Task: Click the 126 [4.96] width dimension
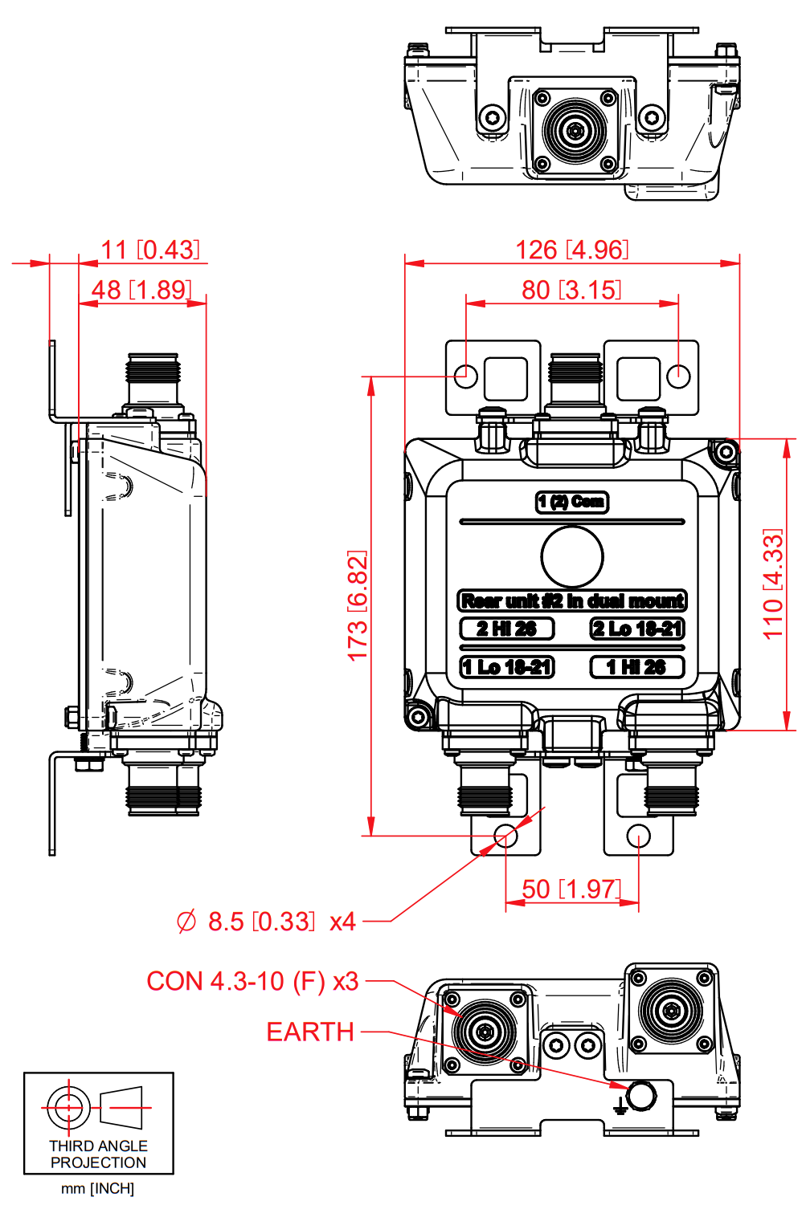pos(571,250)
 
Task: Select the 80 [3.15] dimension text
pos(571,290)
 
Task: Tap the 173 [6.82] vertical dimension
pos(358,605)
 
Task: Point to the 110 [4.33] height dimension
pos(772,584)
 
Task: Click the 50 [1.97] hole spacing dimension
pos(571,889)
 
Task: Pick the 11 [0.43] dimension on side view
pos(150,250)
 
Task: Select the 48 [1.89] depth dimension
pos(141,290)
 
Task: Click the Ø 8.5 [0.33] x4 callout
pos(266,922)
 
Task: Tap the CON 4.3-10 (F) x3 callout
pos(252,981)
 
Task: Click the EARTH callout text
pos(310,1032)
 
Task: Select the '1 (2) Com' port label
pos(572,502)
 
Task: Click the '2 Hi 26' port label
pos(506,629)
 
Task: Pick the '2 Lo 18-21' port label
pos(637,629)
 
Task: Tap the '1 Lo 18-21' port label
pos(506,667)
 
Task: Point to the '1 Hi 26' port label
pos(636,667)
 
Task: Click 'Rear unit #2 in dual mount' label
pos(572,601)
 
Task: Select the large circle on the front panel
pos(572,556)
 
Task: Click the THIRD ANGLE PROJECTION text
pos(98,1154)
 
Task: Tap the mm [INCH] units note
pos(98,1188)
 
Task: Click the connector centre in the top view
pos(574,130)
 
